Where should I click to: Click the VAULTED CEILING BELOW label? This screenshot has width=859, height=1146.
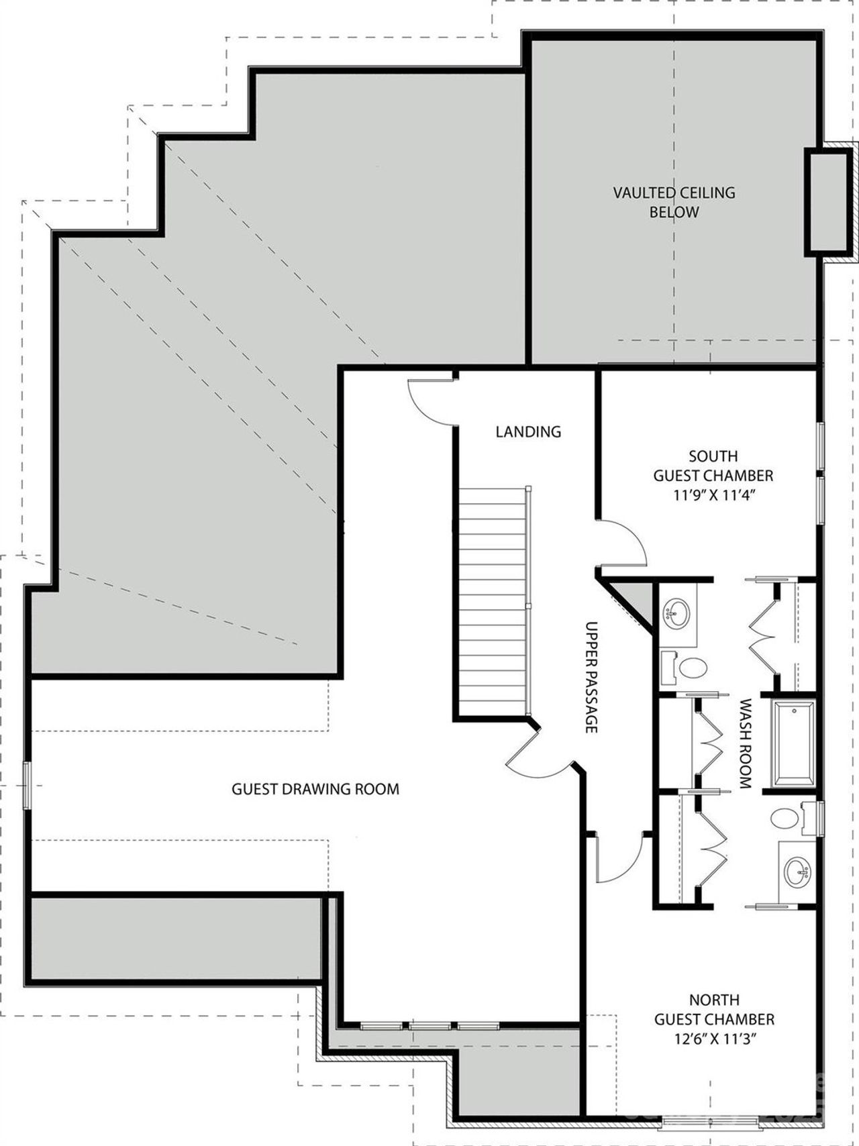click(674, 202)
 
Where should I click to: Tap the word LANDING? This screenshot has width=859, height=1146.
click(528, 431)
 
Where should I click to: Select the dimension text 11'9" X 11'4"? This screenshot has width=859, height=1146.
click(713, 495)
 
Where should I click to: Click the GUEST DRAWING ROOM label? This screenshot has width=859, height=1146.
click(315, 789)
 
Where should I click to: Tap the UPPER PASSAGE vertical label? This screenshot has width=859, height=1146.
click(591, 676)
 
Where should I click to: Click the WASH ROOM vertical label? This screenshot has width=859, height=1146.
click(744, 743)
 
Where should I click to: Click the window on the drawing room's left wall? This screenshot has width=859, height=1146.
click(27, 785)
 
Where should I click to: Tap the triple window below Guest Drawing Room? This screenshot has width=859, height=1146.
click(429, 1045)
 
